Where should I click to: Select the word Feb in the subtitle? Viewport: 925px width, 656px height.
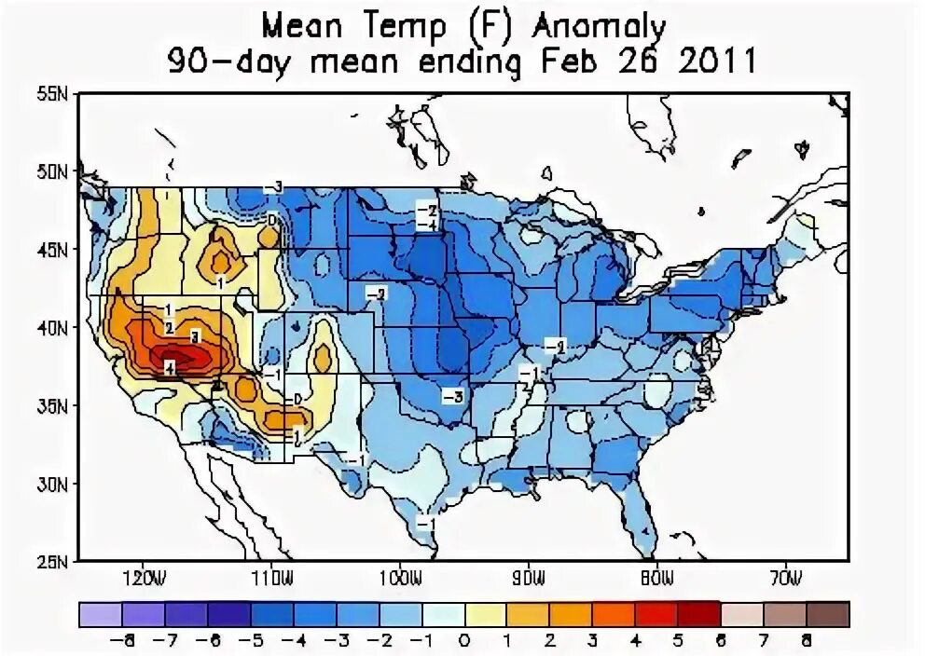click(570, 62)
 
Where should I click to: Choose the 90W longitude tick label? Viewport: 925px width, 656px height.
click(528, 579)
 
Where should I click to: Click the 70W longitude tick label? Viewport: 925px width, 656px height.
click(786, 579)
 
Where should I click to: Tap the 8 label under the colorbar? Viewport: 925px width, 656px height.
click(807, 640)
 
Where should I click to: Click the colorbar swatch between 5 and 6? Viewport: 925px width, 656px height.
click(698, 613)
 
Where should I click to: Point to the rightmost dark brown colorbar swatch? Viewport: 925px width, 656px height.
click(828, 613)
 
